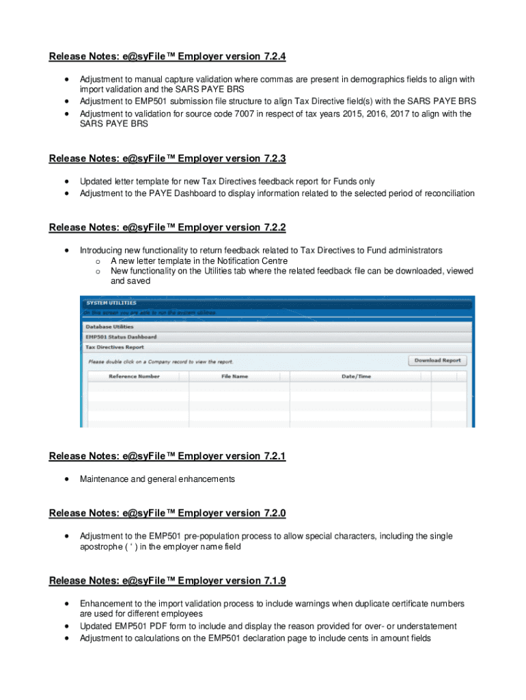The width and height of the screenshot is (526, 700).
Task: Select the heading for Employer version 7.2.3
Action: click(167, 159)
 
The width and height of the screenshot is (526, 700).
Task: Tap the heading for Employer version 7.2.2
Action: click(167, 227)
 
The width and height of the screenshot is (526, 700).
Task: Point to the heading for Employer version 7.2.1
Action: click(167, 456)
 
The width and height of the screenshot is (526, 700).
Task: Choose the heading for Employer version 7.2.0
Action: click(167, 513)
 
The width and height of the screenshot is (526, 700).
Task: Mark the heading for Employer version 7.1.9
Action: click(167, 580)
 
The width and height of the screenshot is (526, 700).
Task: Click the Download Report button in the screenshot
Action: click(437, 360)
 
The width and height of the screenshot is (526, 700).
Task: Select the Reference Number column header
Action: click(134, 376)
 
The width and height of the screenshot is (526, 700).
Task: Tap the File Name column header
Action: click(234, 376)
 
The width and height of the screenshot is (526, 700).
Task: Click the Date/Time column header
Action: click(356, 376)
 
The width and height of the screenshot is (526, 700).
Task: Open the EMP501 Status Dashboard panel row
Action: click(120, 337)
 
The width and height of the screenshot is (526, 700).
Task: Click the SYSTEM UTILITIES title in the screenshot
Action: click(111, 303)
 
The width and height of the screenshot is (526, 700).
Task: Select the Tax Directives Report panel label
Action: click(115, 347)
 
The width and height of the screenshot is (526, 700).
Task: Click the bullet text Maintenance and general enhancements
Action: click(157, 479)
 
